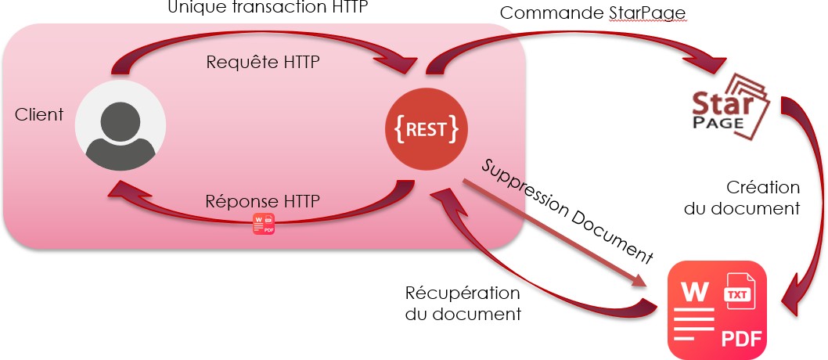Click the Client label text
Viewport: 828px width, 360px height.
(39, 115)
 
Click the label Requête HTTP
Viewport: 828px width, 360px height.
(262, 63)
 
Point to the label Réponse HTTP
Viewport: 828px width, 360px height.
(263, 201)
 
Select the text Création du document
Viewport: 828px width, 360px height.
(762, 198)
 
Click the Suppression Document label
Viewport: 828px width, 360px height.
(567, 210)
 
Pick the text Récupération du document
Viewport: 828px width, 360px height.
(463, 304)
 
